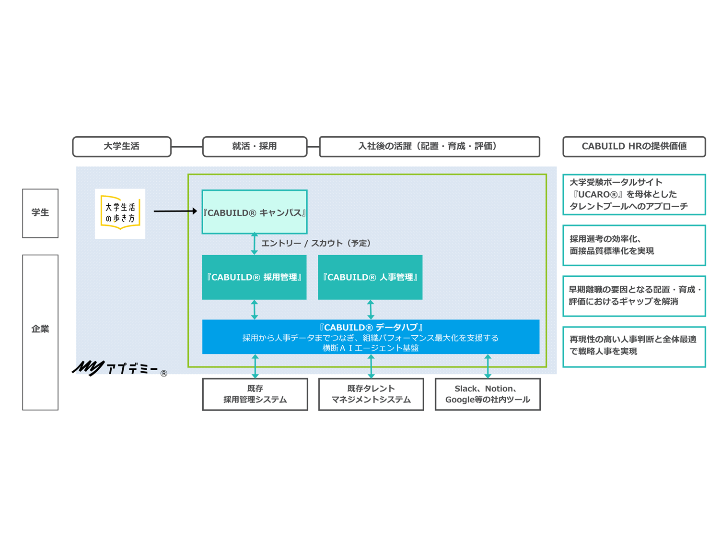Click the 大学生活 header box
pyautogui.click(x=122, y=146)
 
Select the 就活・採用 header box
pyautogui.click(x=255, y=146)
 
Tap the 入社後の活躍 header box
pyautogui.click(x=429, y=146)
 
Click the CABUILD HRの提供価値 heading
pyautogui.click(x=634, y=146)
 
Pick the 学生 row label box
pyautogui.click(x=40, y=213)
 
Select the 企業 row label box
pyautogui.click(x=40, y=332)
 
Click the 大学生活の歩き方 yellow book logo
pyautogui.click(x=120, y=213)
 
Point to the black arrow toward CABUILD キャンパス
pyautogui.click(x=175, y=211)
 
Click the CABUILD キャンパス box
pyautogui.click(x=255, y=212)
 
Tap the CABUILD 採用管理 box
pyautogui.click(x=254, y=277)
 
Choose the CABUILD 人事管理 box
pyautogui.click(x=370, y=277)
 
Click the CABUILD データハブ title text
pyautogui.click(x=371, y=328)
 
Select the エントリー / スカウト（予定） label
pyautogui.click(x=316, y=243)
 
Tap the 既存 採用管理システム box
pyautogui.click(x=255, y=394)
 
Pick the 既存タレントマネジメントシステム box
pyautogui.click(x=371, y=394)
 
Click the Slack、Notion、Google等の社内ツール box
pyautogui.click(x=488, y=394)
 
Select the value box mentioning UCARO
pyautogui.click(x=634, y=194)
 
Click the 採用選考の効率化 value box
pyautogui.click(x=634, y=245)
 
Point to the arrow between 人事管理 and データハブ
pyautogui.click(x=371, y=310)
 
